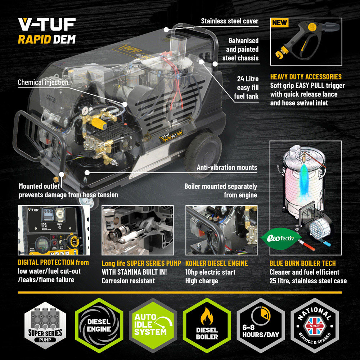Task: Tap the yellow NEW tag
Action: point(280,23)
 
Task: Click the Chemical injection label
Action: point(43,82)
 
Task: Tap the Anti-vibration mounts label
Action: point(227,167)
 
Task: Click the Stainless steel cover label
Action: point(230,21)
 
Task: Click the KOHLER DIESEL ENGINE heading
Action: point(216,263)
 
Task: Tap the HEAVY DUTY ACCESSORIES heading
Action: point(306,77)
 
